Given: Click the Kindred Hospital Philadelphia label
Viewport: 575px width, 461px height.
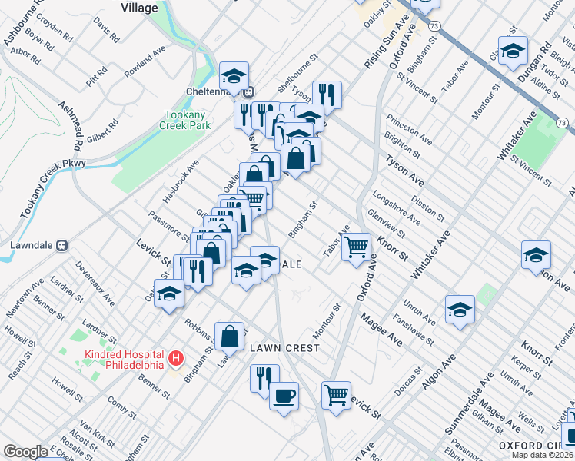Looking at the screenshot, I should pos(125,359).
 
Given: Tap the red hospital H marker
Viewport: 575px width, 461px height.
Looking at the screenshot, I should pos(177,358).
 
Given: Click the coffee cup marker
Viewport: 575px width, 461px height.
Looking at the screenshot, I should pos(284,396).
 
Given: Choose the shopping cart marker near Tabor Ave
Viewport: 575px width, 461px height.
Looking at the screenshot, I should pos(356,247).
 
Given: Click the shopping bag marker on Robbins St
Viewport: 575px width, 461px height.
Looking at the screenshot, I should pos(230,334).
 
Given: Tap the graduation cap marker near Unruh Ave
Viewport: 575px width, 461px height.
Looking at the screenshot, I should pos(459,309).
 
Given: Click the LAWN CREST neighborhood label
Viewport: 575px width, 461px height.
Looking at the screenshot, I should pos(284,348).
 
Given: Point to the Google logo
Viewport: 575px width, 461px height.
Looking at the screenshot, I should pos(25,452).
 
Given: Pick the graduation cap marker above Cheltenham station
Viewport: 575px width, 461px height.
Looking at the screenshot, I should pos(234,75).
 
